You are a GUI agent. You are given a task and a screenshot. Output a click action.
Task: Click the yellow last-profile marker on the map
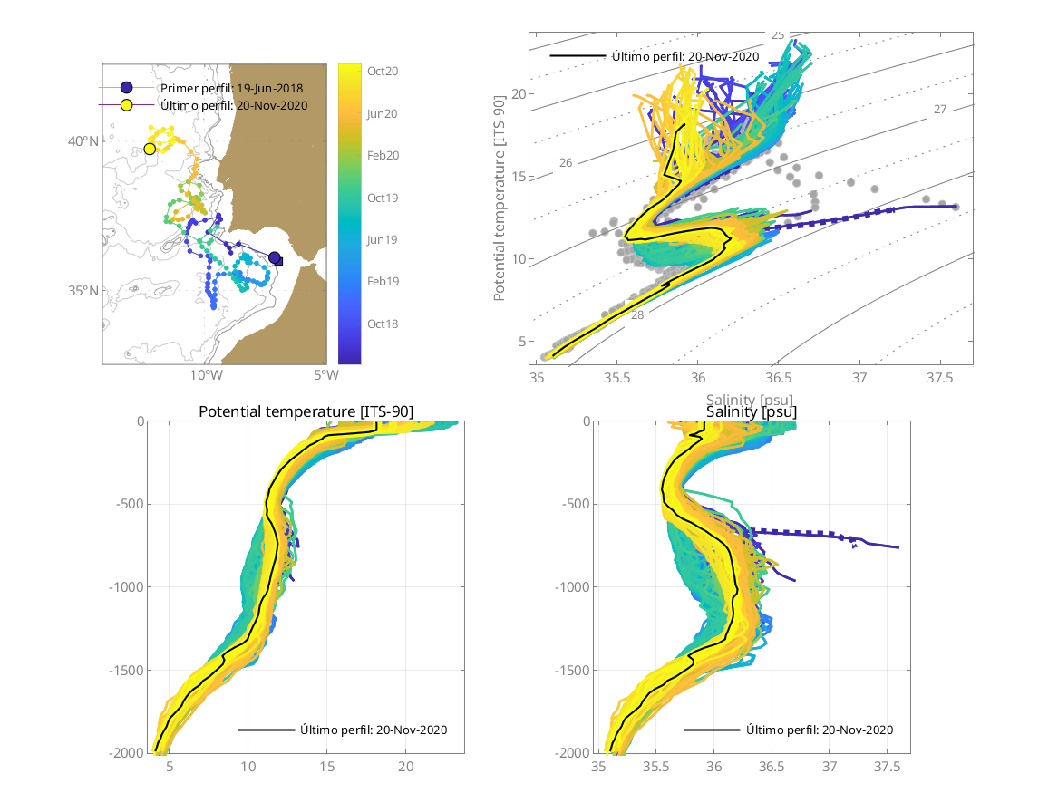click(x=150, y=149)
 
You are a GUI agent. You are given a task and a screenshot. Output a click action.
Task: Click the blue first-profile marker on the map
click(x=275, y=258)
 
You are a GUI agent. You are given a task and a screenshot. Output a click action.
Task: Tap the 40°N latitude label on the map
click(x=84, y=141)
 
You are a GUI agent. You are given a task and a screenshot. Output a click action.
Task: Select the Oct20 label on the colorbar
click(x=382, y=71)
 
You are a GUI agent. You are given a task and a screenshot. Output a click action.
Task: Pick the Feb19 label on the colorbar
click(x=382, y=282)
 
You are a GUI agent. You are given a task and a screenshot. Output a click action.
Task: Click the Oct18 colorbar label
click(x=382, y=324)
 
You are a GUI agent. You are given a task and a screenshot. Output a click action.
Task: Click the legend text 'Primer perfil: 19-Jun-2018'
click(x=231, y=88)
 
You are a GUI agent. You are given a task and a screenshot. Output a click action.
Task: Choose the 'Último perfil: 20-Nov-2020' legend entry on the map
click(x=234, y=105)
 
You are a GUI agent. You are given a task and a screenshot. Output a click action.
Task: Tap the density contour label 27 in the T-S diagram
click(x=940, y=110)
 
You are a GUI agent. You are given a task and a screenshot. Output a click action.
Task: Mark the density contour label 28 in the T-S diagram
click(x=637, y=314)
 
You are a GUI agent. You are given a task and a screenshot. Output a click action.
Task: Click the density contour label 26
click(x=566, y=163)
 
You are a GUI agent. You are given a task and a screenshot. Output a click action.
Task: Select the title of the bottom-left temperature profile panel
click(x=306, y=412)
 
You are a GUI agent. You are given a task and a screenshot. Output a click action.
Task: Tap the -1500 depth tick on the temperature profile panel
click(x=129, y=670)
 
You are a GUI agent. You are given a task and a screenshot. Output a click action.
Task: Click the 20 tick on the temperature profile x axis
click(x=406, y=767)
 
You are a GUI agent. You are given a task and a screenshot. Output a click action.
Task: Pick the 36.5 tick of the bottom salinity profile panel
click(x=772, y=767)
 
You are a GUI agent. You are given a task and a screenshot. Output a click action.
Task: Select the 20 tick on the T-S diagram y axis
click(x=519, y=94)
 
